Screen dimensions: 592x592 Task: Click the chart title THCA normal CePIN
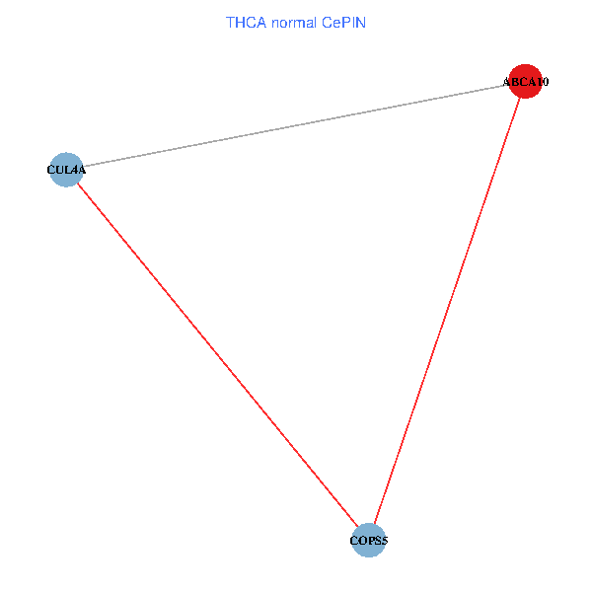pos(296,23)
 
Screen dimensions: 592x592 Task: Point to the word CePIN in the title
pos(344,23)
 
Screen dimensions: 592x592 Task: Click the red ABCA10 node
pos(525,81)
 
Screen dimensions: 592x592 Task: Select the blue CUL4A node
pos(66,170)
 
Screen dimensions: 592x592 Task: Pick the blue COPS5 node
pos(368,541)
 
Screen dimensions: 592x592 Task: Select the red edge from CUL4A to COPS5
pos(217,355)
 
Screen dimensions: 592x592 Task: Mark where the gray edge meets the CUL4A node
pos(83,167)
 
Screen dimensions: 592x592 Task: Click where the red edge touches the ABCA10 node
pos(520,98)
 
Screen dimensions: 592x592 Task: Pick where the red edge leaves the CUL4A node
pos(77,184)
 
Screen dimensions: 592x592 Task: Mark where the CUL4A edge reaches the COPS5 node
pos(357,527)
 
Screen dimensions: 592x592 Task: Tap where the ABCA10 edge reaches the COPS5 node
pos(374,524)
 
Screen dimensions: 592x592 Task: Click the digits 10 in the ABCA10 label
pos(542,82)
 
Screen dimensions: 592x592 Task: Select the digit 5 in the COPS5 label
pos(384,541)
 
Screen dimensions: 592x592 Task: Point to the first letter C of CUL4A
pos(51,170)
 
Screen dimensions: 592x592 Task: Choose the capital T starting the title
pos(230,23)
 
